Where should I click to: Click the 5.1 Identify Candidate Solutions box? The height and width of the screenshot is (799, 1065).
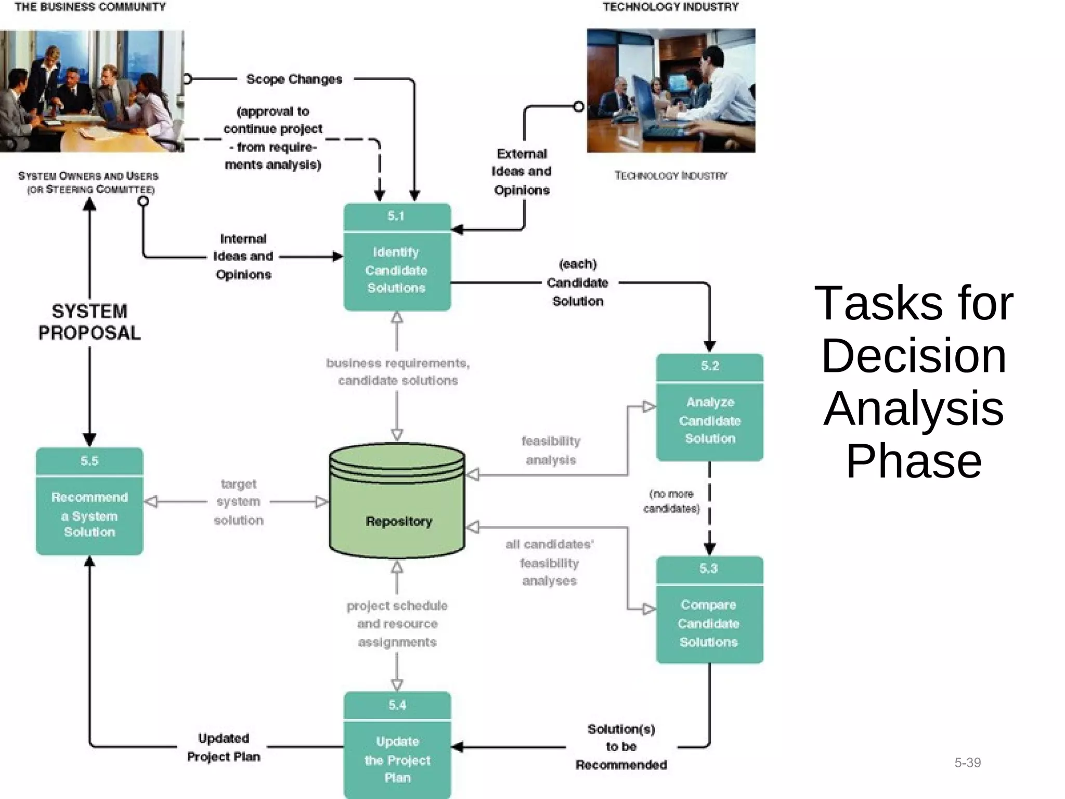[x=397, y=257]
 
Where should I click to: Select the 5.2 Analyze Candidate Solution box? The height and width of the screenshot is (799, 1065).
[x=709, y=408]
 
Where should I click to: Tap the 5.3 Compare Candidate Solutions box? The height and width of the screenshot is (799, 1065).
[x=709, y=610]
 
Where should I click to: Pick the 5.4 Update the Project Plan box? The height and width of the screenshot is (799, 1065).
[x=397, y=745]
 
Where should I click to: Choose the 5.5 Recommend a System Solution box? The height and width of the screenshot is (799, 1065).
[x=89, y=501]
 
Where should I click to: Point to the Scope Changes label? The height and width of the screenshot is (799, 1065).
[x=294, y=79]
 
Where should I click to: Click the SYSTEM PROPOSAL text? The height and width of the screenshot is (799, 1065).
[x=89, y=322]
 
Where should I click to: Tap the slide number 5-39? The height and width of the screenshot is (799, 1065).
[x=967, y=763]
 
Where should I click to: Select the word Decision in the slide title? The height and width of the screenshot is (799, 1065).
[x=914, y=356]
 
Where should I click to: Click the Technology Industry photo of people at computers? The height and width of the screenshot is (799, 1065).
[x=671, y=91]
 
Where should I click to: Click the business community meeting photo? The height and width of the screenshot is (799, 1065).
[x=92, y=91]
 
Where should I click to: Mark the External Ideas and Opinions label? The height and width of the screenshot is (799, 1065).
[x=522, y=172]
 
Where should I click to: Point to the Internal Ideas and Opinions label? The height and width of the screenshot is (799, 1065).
[x=243, y=256]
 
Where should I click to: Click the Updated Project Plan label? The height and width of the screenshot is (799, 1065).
[x=224, y=748]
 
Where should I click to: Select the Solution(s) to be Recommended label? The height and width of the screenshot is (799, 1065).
[x=621, y=747]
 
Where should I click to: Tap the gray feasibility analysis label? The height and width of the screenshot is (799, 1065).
[x=551, y=450]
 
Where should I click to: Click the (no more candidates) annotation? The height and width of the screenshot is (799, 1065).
[x=671, y=501]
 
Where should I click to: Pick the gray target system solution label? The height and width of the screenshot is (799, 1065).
[x=238, y=502]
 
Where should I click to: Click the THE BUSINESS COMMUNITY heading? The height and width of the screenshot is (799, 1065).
[x=90, y=7]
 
